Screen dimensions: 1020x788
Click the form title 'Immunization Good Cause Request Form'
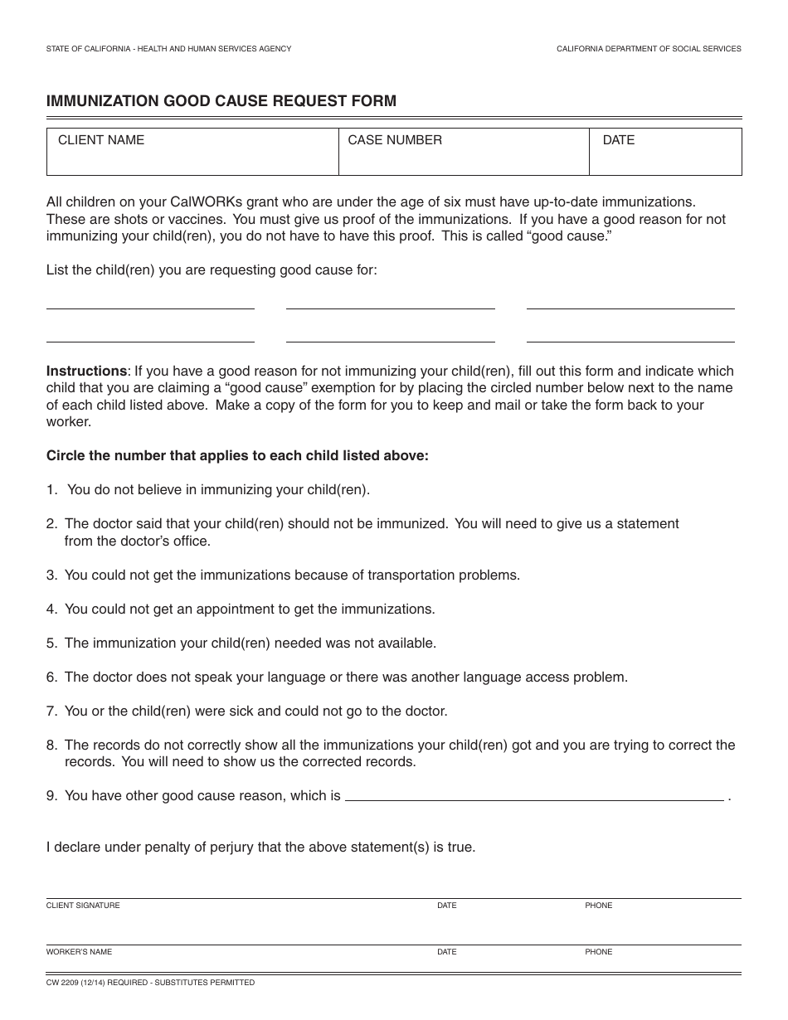click(221, 101)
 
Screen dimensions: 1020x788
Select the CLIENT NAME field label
click(100, 140)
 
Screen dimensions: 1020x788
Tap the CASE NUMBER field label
click(395, 140)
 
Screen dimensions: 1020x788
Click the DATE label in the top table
click(618, 140)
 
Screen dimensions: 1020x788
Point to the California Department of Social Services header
click(648, 49)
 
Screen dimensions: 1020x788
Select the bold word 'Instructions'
click(86, 371)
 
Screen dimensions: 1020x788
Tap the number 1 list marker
click(51, 489)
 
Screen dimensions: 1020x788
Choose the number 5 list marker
click(51, 643)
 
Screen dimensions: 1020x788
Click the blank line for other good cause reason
click(533, 796)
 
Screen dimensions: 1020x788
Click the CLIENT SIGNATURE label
click(83, 906)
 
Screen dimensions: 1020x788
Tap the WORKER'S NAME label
click(79, 952)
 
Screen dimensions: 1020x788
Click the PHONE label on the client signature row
click(598, 906)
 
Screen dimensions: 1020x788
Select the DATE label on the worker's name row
click(446, 952)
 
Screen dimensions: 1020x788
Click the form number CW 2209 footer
click(150, 983)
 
